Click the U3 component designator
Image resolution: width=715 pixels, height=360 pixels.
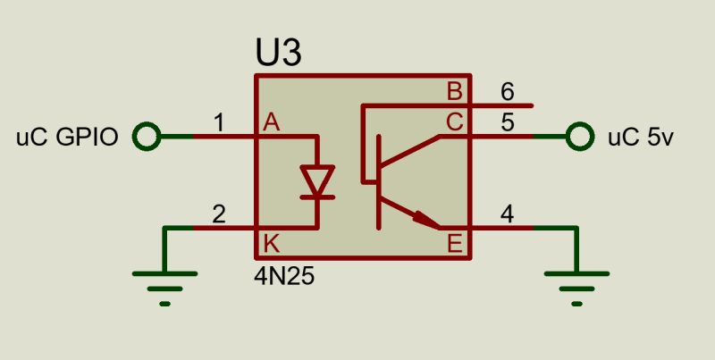coord(278,54)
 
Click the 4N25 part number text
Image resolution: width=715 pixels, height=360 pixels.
coord(284,276)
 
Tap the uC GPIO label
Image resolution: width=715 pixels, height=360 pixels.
coord(68,138)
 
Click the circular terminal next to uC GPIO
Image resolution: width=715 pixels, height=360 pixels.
coord(146,137)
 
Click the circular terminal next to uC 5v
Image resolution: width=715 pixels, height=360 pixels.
coord(580,137)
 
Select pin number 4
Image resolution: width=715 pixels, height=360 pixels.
coord(508,213)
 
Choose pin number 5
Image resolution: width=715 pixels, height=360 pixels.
coord(508,122)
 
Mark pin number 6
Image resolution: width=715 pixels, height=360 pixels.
coord(508,91)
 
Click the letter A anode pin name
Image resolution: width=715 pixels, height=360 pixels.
coord(272,124)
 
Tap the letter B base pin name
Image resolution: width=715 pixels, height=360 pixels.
coord(455,92)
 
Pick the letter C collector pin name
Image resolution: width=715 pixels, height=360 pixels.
coord(455,123)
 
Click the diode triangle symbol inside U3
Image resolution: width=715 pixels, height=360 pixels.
coord(316,181)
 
